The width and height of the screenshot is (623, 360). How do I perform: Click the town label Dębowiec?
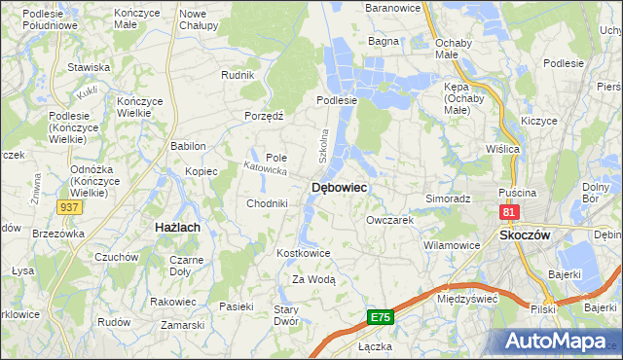[x=339, y=188]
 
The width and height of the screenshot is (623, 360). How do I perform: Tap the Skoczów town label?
[x=525, y=235]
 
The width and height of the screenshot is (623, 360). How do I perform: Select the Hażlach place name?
[x=177, y=227]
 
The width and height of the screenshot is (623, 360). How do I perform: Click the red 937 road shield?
[x=68, y=207]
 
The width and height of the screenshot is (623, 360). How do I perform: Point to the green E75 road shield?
[x=381, y=317]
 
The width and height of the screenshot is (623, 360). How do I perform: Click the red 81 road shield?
[x=509, y=211]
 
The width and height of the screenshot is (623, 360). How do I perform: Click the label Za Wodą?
[x=313, y=279]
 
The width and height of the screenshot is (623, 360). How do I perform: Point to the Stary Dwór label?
[x=285, y=314]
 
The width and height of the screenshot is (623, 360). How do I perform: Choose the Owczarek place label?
[x=390, y=220]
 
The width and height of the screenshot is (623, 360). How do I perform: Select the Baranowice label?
[x=392, y=8]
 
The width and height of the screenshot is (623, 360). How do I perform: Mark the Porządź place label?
[x=263, y=116]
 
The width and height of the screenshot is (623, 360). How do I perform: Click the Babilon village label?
[x=188, y=146]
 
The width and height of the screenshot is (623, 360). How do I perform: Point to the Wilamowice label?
[x=452, y=245]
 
